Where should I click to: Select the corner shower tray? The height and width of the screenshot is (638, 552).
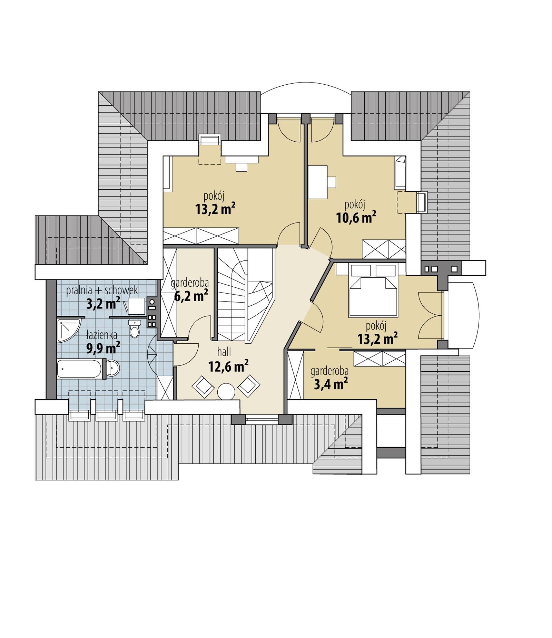pyautogui.click(x=67, y=330)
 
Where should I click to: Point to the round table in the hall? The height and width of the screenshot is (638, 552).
pyautogui.click(x=226, y=391)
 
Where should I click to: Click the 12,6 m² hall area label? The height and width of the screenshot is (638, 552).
pyautogui.click(x=228, y=366)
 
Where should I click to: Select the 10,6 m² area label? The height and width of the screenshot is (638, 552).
pyautogui.click(x=356, y=218)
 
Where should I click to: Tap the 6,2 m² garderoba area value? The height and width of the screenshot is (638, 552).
pyautogui.click(x=191, y=296)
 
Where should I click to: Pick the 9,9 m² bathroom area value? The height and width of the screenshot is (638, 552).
pyautogui.click(x=103, y=348)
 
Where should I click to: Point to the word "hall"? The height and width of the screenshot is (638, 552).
pyautogui.click(x=224, y=352)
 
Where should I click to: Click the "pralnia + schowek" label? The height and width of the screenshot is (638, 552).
pyautogui.click(x=102, y=291)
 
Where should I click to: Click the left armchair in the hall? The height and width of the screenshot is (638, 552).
pyautogui.click(x=203, y=386)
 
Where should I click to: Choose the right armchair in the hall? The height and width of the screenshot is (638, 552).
pyautogui.click(x=249, y=385)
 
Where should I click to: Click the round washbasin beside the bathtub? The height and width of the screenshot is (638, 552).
pyautogui.click(x=112, y=368)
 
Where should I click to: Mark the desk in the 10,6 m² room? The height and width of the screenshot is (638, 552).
pyautogui.click(x=318, y=182)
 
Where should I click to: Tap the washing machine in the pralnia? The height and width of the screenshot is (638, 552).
pyautogui.click(x=137, y=306)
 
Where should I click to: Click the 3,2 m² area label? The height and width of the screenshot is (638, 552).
pyautogui.click(x=103, y=304)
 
